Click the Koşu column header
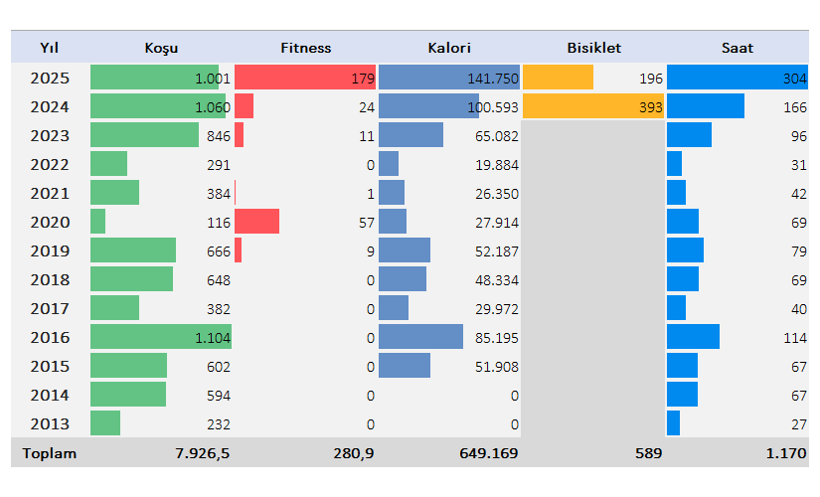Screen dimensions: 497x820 [x=161, y=48]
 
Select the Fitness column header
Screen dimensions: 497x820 [x=306, y=48]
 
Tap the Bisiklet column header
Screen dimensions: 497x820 [x=593, y=48]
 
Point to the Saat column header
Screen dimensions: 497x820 [x=738, y=48]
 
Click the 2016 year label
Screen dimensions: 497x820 [x=50, y=337]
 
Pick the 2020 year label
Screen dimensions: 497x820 [x=50, y=222]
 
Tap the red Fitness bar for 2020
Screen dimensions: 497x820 [x=256, y=222]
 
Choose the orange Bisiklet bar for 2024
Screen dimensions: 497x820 [x=591, y=106]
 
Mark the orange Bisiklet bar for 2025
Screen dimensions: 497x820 [x=558, y=78]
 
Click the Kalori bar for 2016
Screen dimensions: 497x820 [x=420, y=337]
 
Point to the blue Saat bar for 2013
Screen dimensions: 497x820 [x=673, y=423]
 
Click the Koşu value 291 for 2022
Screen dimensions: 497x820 [x=218, y=164]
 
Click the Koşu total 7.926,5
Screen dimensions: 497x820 [x=203, y=453]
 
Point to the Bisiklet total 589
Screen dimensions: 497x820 [x=648, y=453]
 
